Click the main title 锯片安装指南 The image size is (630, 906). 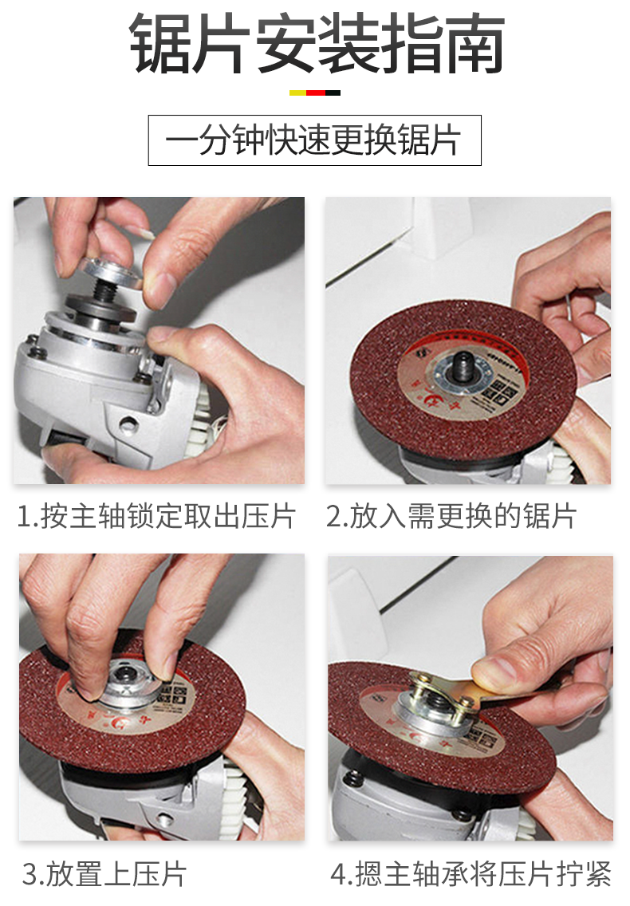(x=317, y=44)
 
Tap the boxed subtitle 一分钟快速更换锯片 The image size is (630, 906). (x=314, y=140)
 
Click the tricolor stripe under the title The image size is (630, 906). (x=314, y=93)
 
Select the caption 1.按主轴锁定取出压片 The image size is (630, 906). (x=157, y=516)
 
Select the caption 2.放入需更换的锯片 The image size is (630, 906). (x=451, y=516)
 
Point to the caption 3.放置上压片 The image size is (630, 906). (x=104, y=874)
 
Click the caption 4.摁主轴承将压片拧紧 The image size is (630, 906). (x=471, y=874)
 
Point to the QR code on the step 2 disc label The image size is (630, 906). (x=500, y=391)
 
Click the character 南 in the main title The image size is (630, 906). (x=474, y=44)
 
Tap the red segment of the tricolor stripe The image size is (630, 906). (x=315, y=93)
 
